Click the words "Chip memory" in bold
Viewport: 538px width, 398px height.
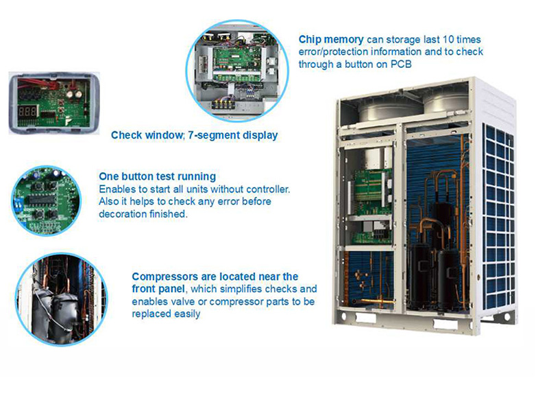[331, 40]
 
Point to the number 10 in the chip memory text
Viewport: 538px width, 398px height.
[448, 39]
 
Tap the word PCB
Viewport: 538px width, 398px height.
[401, 65]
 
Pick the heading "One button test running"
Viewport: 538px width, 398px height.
[158, 176]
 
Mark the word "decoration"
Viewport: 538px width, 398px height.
[119, 214]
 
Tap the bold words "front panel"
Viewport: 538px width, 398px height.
[158, 289]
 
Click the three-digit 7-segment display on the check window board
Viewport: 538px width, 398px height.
[27, 111]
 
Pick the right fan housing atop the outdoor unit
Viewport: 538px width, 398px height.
[445, 102]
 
